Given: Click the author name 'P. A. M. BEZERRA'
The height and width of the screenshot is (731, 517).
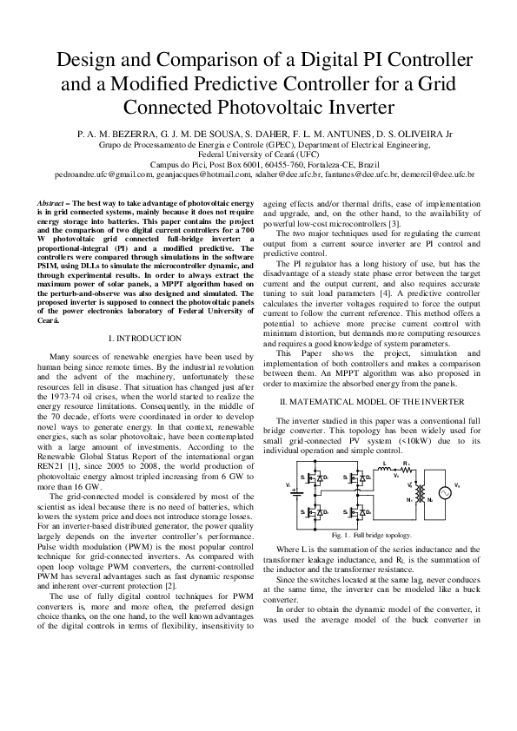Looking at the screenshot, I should [116, 135].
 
